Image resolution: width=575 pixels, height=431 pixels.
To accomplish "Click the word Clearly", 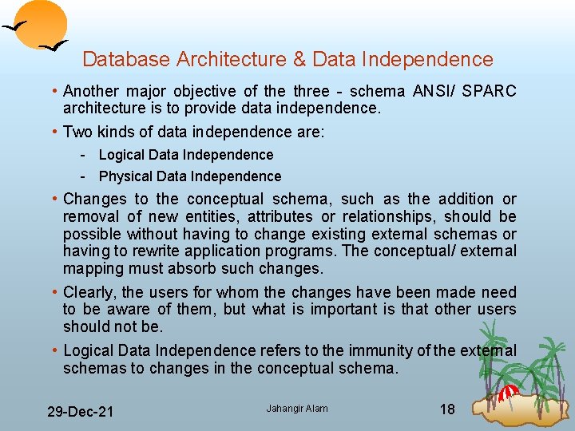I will pyautogui.click(x=91, y=292).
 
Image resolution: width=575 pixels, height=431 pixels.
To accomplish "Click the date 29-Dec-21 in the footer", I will pyautogui.click(x=80, y=412).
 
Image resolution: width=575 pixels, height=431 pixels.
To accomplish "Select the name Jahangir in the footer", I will pyautogui.click(x=281, y=409).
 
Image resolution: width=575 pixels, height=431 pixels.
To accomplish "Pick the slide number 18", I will pyautogui.click(x=447, y=409).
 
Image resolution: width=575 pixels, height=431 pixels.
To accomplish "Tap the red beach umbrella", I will pyautogui.click(x=509, y=391).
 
